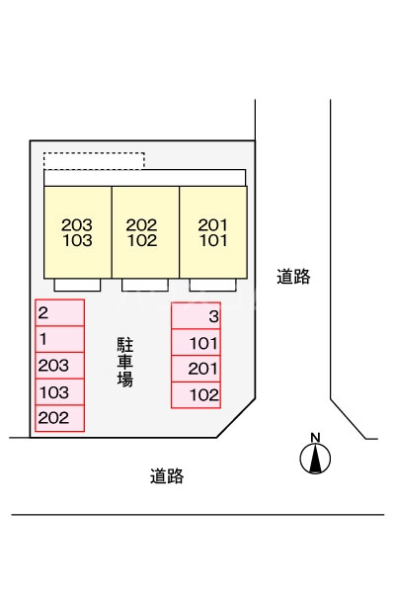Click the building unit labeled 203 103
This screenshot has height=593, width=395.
pyautogui.click(x=76, y=231)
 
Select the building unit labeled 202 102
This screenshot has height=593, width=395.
pyautogui.click(x=143, y=231)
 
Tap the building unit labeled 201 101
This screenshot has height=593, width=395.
pyautogui.click(x=212, y=231)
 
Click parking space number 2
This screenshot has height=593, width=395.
pyautogui.click(x=59, y=313)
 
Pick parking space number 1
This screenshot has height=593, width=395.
pyautogui.click(x=59, y=340)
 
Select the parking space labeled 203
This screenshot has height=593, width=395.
pyautogui.click(x=59, y=366)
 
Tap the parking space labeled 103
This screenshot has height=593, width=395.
pyautogui.click(x=59, y=392)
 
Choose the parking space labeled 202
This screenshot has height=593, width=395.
pyautogui.click(x=59, y=418)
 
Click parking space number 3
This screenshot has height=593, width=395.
pyautogui.click(x=196, y=316)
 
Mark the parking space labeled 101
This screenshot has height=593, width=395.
pyautogui.click(x=196, y=343)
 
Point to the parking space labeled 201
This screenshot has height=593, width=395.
pyautogui.click(x=196, y=369)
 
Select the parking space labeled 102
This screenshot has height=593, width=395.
pyautogui.click(x=196, y=395)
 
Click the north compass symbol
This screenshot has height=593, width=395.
pyautogui.click(x=316, y=457)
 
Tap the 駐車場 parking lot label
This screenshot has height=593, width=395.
pyautogui.click(x=126, y=362)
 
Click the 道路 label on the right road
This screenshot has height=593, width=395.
pyautogui.click(x=293, y=278)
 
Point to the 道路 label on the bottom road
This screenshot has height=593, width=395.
pyautogui.click(x=167, y=476)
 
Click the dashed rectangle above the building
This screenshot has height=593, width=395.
pyautogui.click(x=94, y=160)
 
